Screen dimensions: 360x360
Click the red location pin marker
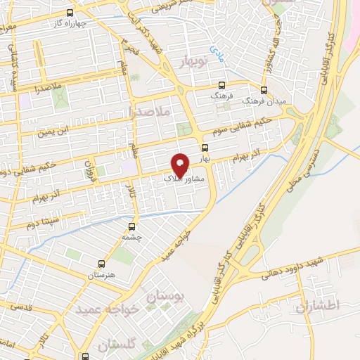(x=181, y=164)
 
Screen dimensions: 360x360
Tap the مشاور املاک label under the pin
(x=184, y=179)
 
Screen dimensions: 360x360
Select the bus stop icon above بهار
(x=205, y=148)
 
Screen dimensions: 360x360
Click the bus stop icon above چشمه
(x=131, y=226)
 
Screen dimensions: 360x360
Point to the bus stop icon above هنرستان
(x=101, y=264)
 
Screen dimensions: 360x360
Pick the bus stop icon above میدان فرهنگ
(x=264, y=90)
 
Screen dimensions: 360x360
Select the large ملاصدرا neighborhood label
(x=161, y=111)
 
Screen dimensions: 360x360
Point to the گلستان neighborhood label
(x=115, y=345)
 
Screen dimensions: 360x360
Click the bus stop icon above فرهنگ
(x=222, y=83)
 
